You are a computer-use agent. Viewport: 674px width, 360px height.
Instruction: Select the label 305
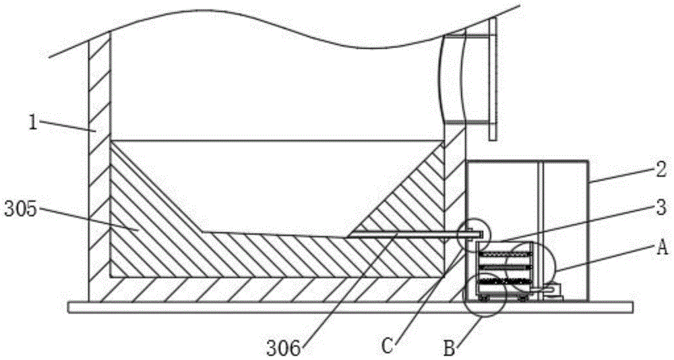(20, 209)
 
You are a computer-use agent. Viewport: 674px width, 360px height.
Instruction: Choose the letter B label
(450, 349)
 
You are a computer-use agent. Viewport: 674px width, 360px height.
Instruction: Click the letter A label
(661, 249)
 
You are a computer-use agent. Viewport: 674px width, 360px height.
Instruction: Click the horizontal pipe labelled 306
(404, 235)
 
